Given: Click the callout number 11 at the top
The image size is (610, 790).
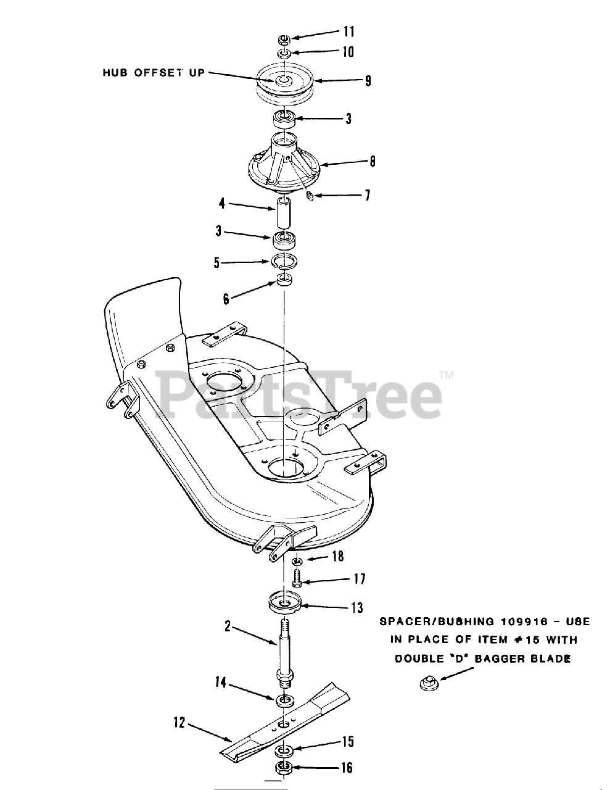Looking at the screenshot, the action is click(x=348, y=31).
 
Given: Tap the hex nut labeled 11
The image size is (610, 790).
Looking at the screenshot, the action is click(x=284, y=38).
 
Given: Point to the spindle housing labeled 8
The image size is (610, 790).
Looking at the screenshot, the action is click(x=284, y=164).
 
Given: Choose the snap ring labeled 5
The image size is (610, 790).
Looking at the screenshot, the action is click(x=285, y=262).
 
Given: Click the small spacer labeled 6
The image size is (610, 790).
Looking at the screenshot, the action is click(x=285, y=281).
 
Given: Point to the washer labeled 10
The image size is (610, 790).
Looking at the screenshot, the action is click(x=284, y=54).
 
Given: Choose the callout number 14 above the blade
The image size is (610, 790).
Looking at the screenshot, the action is click(x=221, y=683).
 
